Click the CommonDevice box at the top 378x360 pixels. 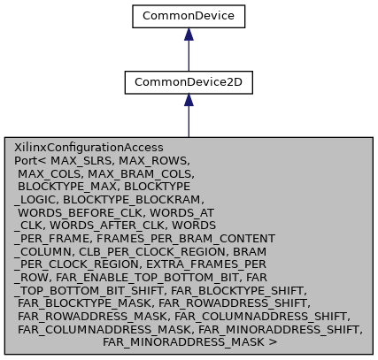(x=189, y=15)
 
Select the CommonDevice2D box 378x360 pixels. (x=189, y=81)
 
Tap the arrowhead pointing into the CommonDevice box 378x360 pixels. (x=189, y=34)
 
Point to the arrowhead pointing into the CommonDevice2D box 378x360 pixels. (x=189, y=101)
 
